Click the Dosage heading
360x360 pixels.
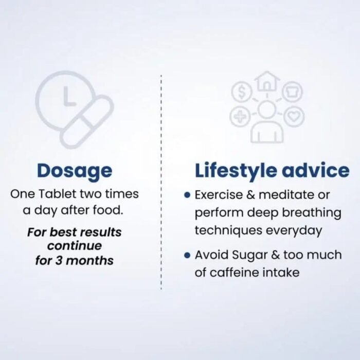coord(75,171)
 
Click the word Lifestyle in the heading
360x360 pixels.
coord(236,171)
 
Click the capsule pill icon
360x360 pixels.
coord(87,122)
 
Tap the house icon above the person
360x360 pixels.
coord(266,81)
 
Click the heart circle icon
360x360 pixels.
coord(294,116)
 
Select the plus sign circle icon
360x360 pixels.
coord(240,116)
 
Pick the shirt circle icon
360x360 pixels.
coord(292,92)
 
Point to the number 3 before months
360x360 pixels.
coord(59,260)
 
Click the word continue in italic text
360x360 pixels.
coord(75,246)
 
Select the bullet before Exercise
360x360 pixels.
coord(187,195)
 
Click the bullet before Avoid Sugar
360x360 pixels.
coord(187,255)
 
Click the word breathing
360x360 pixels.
coord(312,213)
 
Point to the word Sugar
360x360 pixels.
coord(246,256)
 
